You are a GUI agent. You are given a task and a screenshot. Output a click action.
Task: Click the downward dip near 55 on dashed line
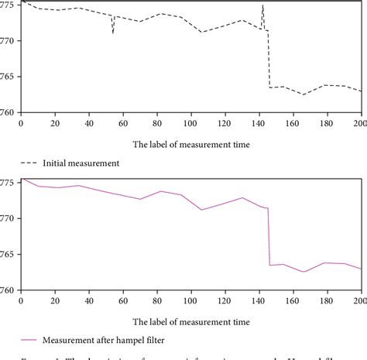click(113, 32)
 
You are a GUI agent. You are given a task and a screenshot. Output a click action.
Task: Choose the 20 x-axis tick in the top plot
click(55, 123)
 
